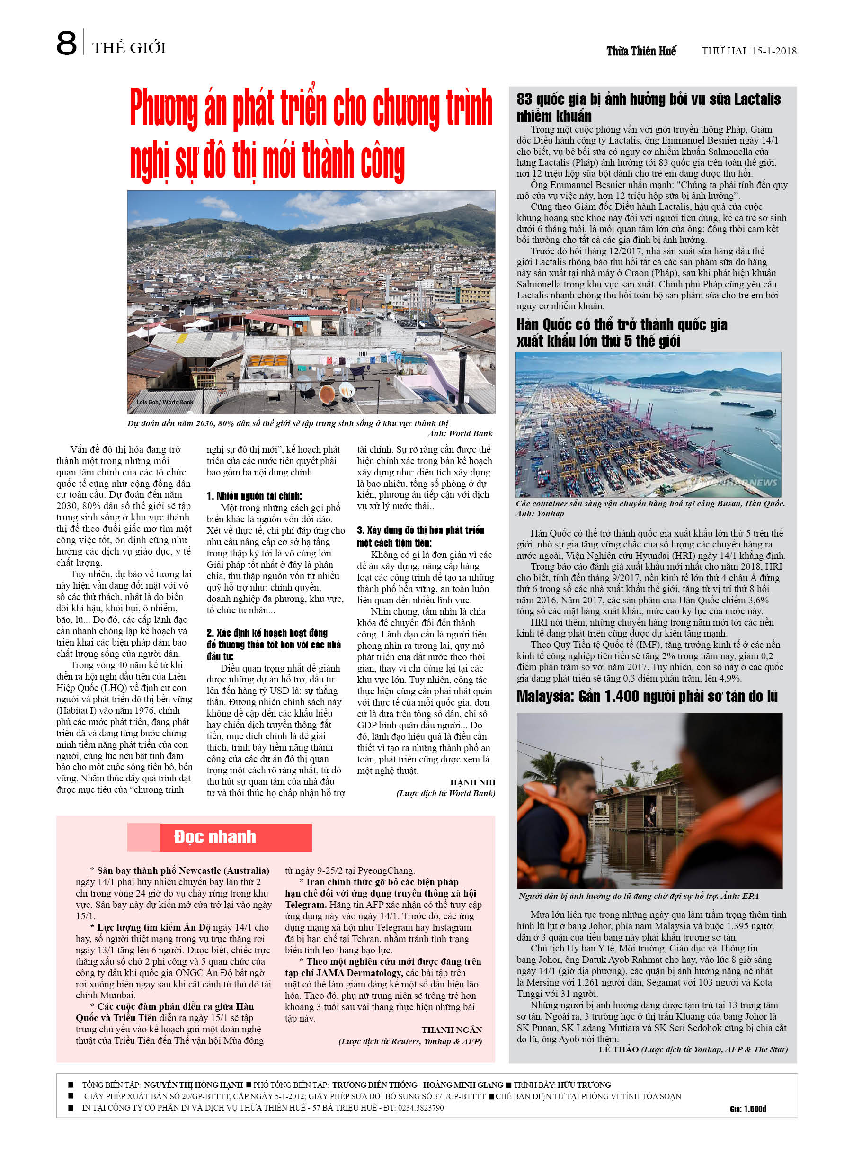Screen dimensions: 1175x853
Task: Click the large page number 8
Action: click(x=66, y=44)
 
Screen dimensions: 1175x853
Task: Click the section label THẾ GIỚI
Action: click(x=129, y=48)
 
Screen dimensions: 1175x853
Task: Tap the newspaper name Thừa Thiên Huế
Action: click(x=641, y=51)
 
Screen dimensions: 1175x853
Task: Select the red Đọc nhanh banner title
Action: click(x=215, y=837)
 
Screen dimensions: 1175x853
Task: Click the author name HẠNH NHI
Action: click(x=472, y=782)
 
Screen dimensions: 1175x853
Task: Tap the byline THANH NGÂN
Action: click(x=452, y=1030)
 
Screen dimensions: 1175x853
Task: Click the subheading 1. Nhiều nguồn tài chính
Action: click(x=254, y=496)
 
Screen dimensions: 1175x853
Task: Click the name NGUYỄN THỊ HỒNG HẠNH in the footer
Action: click(x=193, y=1085)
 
